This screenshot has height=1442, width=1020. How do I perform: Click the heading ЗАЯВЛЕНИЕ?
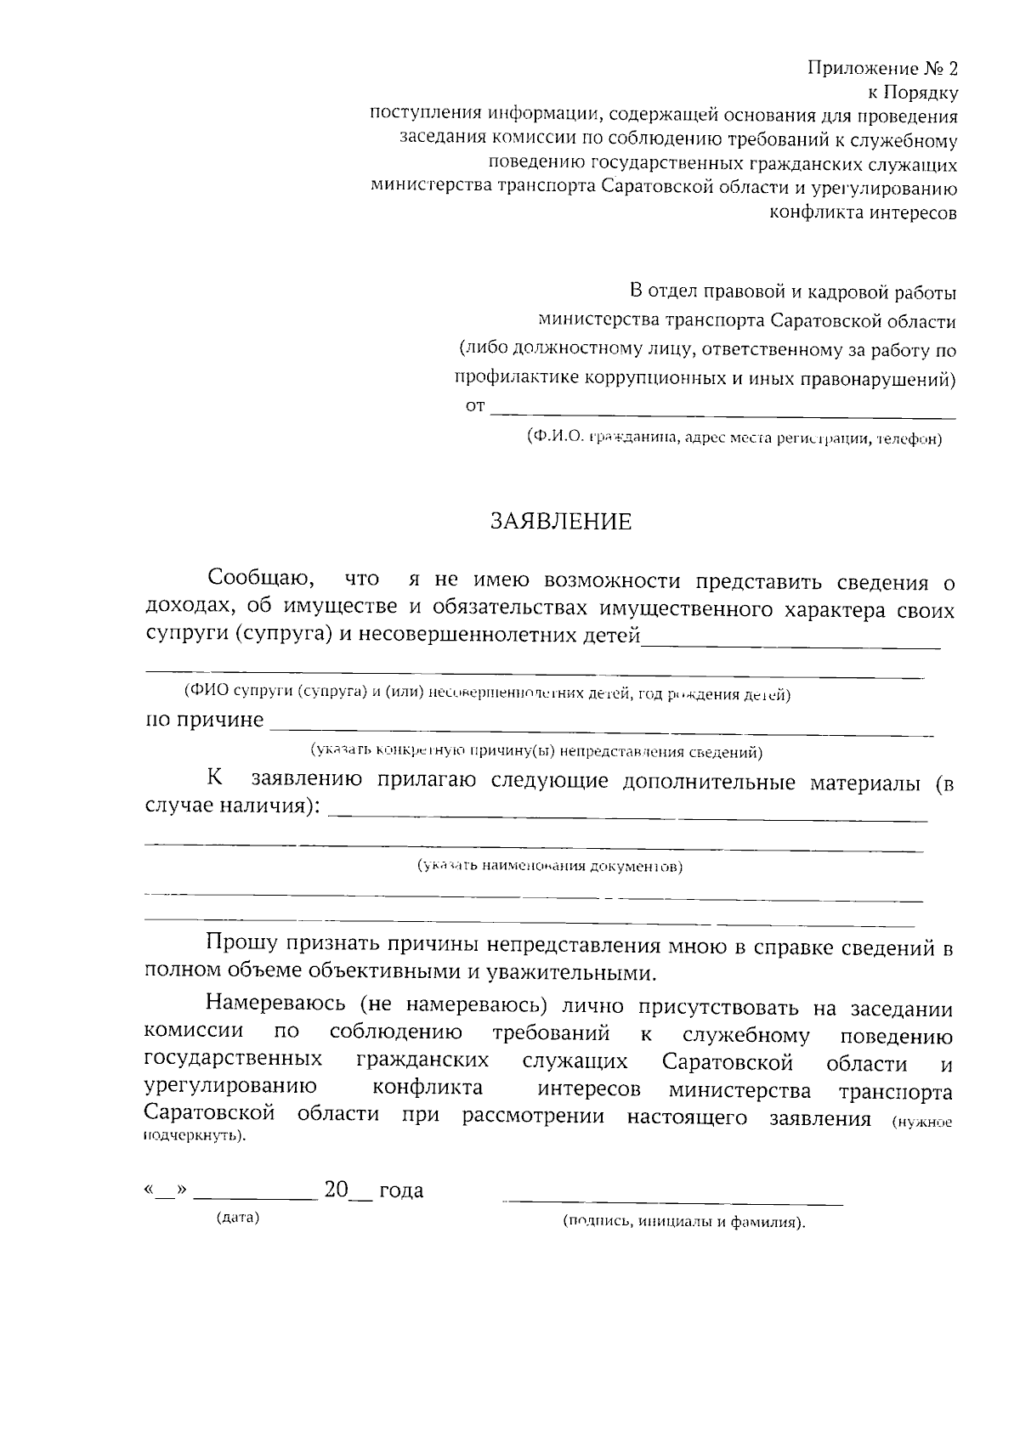(x=560, y=522)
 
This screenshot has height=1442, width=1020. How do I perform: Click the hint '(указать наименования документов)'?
(x=549, y=867)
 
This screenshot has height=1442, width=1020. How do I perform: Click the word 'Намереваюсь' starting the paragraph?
(x=275, y=1008)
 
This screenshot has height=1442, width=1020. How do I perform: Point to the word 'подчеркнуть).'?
(x=195, y=1136)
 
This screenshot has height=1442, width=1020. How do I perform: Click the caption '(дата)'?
(x=238, y=1218)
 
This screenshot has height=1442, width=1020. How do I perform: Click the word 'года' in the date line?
(x=400, y=1190)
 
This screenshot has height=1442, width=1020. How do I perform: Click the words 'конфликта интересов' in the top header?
(x=863, y=213)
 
